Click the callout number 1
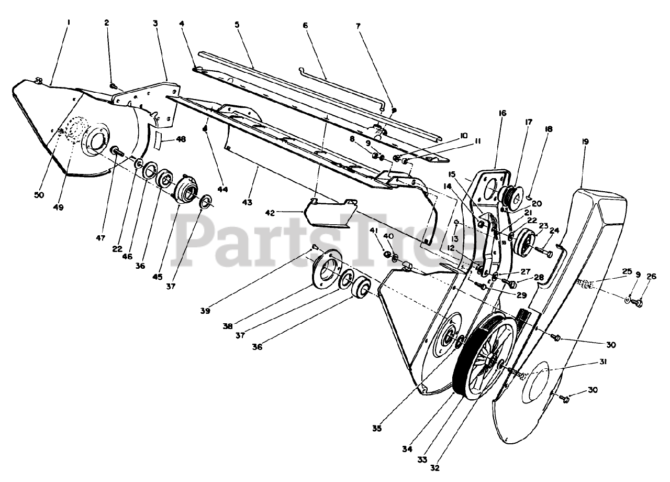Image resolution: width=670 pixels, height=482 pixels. (68, 23)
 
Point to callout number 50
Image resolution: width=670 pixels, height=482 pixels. (40, 195)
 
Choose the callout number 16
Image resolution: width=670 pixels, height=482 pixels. (502, 113)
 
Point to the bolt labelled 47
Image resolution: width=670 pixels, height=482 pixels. (116, 151)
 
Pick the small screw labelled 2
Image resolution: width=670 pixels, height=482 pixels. (113, 86)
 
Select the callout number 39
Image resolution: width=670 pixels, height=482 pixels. (205, 311)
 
